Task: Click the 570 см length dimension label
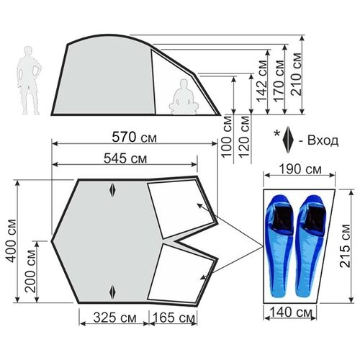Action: click(x=134, y=138)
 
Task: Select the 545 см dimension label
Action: click(x=125, y=158)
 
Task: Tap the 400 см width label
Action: click(x=12, y=241)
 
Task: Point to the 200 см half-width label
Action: click(x=30, y=271)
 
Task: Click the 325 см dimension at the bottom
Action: click(x=114, y=318)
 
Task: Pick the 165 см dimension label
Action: click(x=174, y=318)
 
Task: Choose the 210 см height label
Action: click(x=296, y=74)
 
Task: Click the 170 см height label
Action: click(x=279, y=81)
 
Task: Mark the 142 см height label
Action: click(x=261, y=81)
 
